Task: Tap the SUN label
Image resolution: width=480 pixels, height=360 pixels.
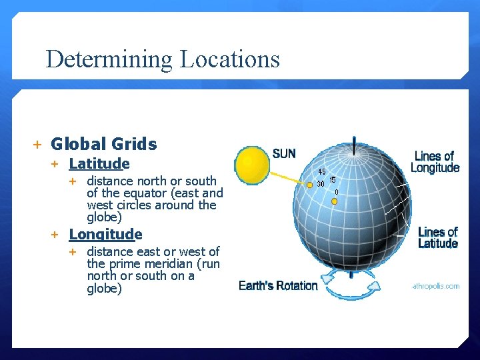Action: [x=284, y=153]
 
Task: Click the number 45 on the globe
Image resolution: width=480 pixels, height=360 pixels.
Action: [x=322, y=172]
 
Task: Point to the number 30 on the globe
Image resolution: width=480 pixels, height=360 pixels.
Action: [x=321, y=183]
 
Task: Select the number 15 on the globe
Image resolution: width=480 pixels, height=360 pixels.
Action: [x=332, y=180]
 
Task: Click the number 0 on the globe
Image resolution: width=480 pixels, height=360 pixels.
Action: [x=336, y=192]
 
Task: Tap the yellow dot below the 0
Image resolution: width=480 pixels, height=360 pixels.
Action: [x=334, y=201]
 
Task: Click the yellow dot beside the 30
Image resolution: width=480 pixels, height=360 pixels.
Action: [x=310, y=185]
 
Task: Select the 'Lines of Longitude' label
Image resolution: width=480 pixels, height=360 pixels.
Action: [x=435, y=162]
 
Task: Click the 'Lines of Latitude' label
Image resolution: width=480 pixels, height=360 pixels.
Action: [x=437, y=237]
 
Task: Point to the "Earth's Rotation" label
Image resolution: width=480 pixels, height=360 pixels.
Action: [x=278, y=285]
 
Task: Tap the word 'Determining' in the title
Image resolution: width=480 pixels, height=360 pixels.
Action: [x=109, y=59]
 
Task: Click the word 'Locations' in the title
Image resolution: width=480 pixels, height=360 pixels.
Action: [x=229, y=59]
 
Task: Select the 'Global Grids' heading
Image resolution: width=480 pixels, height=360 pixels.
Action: [x=104, y=144]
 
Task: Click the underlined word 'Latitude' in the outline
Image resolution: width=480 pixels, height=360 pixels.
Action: [x=99, y=163]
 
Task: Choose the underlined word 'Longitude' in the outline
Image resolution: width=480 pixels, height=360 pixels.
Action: [x=105, y=234]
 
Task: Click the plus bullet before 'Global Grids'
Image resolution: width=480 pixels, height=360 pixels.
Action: [x=37, y=144]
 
